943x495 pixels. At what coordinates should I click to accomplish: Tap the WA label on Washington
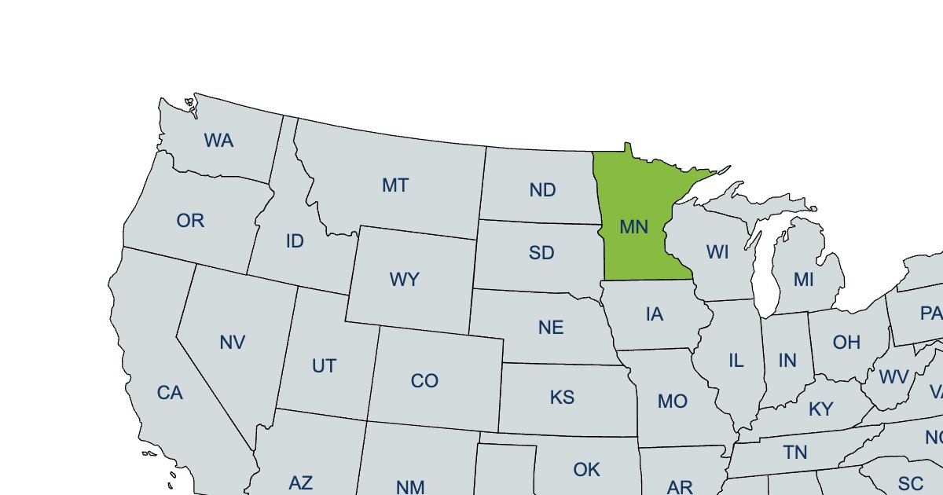(x=218, y=141)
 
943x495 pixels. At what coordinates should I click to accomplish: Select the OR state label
(x=190, y=221)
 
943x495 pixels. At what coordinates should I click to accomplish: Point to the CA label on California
(x=170, y=393)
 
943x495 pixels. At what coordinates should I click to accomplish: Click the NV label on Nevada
(x=233, y=343)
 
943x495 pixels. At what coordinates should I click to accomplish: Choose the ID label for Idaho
(x=295, y=241)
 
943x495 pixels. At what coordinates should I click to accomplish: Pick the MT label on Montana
(x=395, y=185)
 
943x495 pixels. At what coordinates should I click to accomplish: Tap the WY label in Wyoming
(x=405, y=280)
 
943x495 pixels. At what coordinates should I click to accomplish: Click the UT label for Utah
(x=324, y=366)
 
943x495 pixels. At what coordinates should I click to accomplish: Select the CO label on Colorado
(x=424, y=381)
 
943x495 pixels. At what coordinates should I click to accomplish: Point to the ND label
(x=543, y=190)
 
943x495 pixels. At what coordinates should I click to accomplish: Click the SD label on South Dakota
(x=541, y=253)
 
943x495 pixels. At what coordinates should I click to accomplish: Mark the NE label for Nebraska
(x=551, y=328)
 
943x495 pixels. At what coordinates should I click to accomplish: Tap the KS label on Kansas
(x=563, y=398)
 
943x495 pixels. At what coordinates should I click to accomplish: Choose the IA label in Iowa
(x=655, y=315)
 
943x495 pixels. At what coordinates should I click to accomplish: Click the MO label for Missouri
(x=673, y=401)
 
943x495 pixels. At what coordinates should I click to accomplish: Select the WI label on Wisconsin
(x=717, y=252)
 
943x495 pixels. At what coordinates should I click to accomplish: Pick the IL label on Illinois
(x=736, y=361)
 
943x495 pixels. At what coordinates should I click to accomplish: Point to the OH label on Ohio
(x=846, y=343)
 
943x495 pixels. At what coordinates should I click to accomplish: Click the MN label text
(x=633, y=228)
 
